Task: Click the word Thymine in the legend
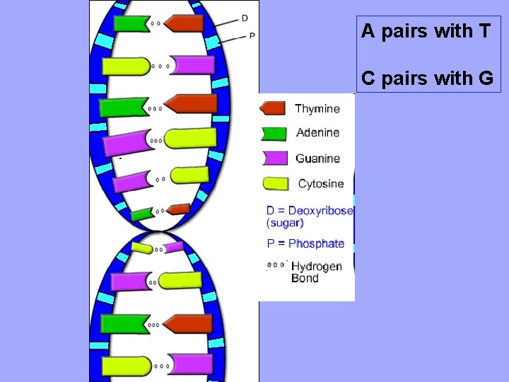click(317, 109)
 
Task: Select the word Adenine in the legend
click(317, 132)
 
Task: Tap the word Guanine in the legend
click(317, 158)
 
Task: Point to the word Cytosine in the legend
click(321, 184)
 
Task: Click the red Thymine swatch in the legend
click(273, 108)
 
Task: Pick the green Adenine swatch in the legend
click(274, 133)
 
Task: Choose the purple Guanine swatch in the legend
click(274, 158)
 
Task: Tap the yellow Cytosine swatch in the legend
click(276, 183)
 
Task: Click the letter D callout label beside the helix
click(245, 18)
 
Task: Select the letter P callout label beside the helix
click(252, 35)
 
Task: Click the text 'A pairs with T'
click(426, 31)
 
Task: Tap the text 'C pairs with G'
click(427, 78)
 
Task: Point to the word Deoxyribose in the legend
click(321, 210)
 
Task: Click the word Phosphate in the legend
click(316, 243)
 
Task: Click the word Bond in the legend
click(305, 278)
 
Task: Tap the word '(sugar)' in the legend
click(285, 223)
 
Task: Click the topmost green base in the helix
click(131, 23)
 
